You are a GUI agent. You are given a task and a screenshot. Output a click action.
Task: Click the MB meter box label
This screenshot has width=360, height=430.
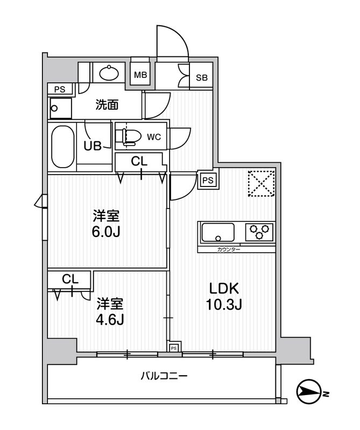[140, 75]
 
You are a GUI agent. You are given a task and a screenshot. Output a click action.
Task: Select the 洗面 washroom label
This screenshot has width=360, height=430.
[107, 105]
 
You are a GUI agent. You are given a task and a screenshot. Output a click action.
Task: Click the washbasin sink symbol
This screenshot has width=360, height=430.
[111, 73]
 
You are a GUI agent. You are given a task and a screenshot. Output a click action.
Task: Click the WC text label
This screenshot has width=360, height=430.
[154, 137]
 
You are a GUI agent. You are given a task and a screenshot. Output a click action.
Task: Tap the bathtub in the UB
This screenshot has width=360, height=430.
[62, 147]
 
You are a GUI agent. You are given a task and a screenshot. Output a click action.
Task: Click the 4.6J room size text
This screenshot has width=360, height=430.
[110, 320]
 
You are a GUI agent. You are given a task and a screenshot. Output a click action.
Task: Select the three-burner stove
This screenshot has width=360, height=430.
[260, 232]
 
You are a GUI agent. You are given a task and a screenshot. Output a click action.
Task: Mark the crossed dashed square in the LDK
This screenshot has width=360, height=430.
[262, 184]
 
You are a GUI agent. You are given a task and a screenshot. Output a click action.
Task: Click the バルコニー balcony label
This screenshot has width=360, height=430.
[166, 376]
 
